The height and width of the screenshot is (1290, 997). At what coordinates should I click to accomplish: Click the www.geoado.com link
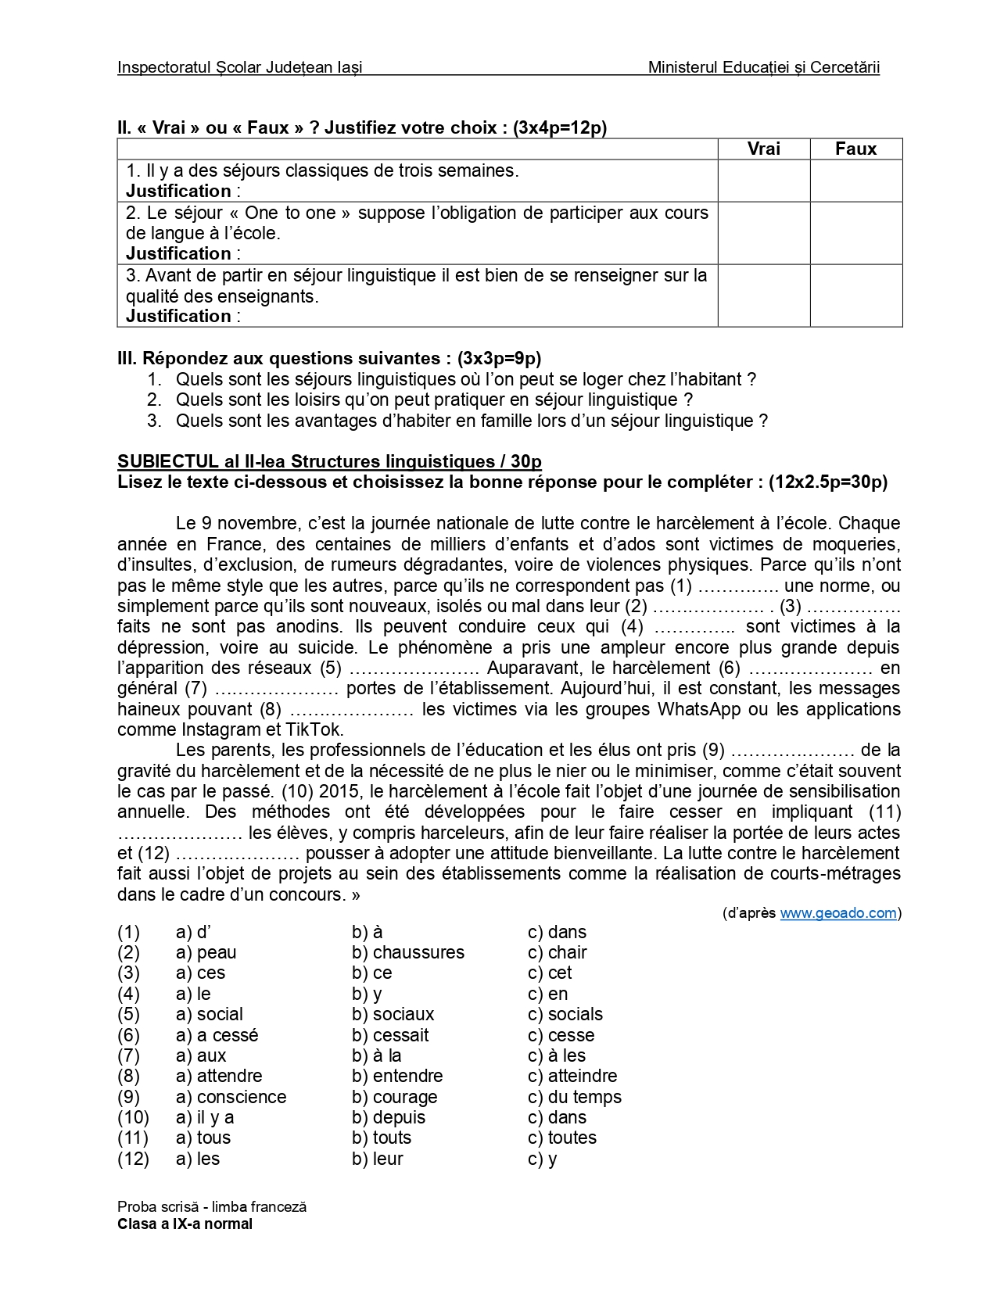[x=837, y=913]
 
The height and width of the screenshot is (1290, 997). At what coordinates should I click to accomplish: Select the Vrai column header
[x=763, y=149]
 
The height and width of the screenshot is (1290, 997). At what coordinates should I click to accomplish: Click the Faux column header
[x=855, y=149]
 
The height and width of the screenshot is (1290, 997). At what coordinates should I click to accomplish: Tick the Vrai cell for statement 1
[x=763, y=181]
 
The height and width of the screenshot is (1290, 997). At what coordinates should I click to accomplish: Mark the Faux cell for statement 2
[x=855, y=233]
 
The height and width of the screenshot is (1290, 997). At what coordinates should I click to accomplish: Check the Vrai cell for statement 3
[x=763, y=296]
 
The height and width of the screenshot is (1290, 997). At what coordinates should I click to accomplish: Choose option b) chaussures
[x=407, y=952]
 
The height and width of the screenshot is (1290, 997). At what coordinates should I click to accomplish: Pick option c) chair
[x=557, y=952]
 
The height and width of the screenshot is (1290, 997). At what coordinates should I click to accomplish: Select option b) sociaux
[x=393, y=1014]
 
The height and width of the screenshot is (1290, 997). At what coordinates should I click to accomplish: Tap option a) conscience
[x=231, y=1097]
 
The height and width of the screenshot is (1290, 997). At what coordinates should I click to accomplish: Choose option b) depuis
[x=389, y=1117]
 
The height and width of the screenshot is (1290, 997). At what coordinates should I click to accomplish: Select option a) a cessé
[x=217, y=1035]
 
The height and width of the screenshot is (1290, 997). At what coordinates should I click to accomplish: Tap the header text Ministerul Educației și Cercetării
[x=763, y=67]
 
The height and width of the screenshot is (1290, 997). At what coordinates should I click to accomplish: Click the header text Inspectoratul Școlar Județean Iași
[x=239, y=67]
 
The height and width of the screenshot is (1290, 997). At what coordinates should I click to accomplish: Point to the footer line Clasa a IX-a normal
[x=185, y=1224]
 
